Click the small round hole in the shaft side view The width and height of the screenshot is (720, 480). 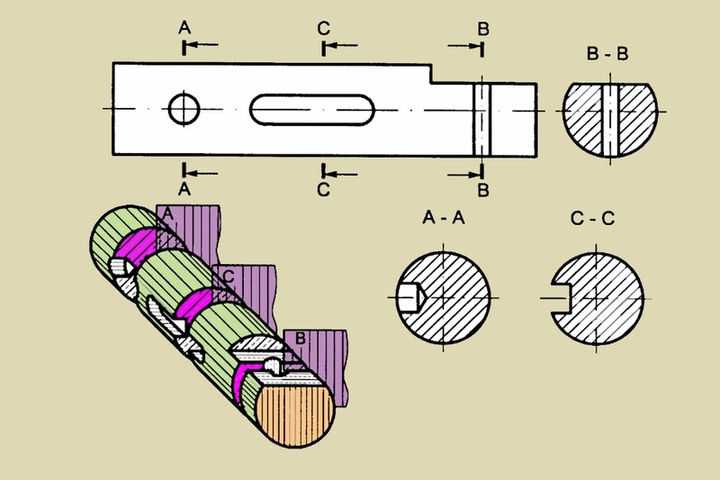[184, 109]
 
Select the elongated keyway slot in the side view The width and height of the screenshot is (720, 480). [312, 110]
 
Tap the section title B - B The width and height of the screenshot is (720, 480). [607, 54]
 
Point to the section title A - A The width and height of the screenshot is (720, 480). [443, 217]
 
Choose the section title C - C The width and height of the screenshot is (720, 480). [592, 218]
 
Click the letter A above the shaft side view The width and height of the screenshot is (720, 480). [184, 28]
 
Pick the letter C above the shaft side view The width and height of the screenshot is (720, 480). [324, 29]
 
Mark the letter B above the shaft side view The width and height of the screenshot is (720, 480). [483, 29]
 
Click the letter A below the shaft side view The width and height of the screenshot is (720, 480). [184, 189]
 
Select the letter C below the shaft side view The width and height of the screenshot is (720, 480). [323, 189]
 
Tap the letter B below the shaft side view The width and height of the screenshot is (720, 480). [483, 190]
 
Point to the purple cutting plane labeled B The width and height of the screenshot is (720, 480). [321, 363]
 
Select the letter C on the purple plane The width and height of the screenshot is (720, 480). [229, 276]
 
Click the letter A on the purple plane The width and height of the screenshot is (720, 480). [167, 213]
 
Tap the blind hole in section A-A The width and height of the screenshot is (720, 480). [410, 298]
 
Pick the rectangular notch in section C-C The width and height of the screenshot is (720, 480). [560, 299]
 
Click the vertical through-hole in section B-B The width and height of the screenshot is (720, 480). [610, 120]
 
